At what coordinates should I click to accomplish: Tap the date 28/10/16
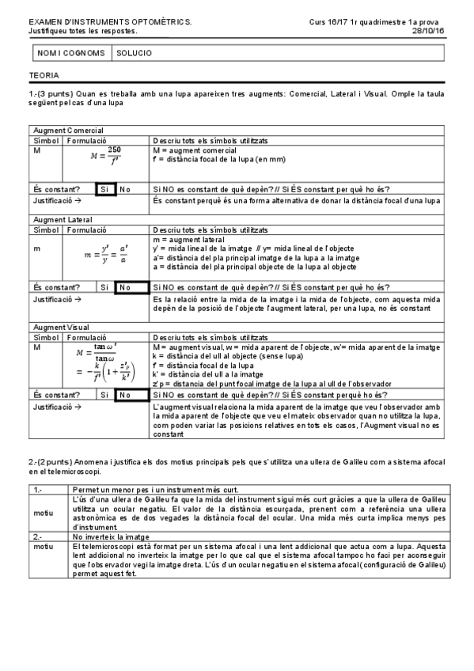[428, 31]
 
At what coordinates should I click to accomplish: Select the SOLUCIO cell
[134, 54]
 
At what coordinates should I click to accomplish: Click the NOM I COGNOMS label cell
[70, 54]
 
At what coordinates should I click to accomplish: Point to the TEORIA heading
[41, 77]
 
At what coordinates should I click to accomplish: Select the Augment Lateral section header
[63, 220]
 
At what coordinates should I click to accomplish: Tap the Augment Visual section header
[62, 327]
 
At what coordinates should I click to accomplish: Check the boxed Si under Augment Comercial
[106, 189]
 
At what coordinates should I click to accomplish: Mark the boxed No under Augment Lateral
[126, 286]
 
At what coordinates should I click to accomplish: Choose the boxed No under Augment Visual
[126, 394]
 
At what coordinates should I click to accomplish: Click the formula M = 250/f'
[106, 157]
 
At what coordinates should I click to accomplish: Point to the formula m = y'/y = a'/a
[106, 256]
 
